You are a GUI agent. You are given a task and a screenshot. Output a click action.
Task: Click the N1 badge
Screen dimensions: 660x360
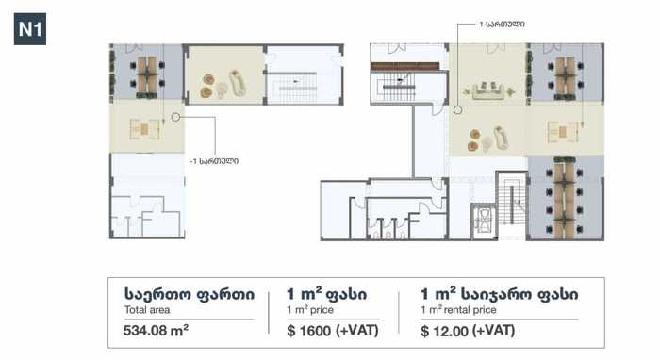point(30,29)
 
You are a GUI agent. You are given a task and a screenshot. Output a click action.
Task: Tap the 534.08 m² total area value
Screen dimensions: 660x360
point(156,331)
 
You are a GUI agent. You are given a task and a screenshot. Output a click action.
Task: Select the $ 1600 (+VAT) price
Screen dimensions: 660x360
point(333,331)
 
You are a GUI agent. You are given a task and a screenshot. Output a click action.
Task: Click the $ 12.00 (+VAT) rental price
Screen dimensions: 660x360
point(468,331)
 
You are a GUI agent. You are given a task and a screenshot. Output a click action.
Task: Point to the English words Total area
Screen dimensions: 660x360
point(147,310)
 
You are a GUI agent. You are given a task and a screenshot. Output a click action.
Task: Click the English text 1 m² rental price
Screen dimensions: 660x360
point(458,310)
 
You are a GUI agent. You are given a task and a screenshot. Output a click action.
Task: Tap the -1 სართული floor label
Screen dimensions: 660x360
point(214,161)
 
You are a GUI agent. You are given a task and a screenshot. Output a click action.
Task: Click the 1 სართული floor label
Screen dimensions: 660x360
point(502,24)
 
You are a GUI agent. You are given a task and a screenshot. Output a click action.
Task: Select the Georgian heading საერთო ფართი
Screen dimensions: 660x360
point(189,294)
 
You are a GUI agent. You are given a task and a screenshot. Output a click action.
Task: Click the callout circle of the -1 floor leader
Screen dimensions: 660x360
point(176,118)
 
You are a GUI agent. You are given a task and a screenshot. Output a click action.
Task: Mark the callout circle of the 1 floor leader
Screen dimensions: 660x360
point(458,110)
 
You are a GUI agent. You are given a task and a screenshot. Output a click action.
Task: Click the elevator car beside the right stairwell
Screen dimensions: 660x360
point(484,221)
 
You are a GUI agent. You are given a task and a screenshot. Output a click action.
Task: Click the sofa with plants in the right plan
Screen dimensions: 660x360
point(488,90)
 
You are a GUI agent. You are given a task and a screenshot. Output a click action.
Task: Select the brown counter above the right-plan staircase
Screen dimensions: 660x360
point(404,67)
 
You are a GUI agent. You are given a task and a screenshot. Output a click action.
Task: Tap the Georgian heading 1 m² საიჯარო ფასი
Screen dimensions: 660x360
point(499,294)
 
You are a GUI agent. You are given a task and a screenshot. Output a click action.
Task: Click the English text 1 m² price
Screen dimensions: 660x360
point(310,310)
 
